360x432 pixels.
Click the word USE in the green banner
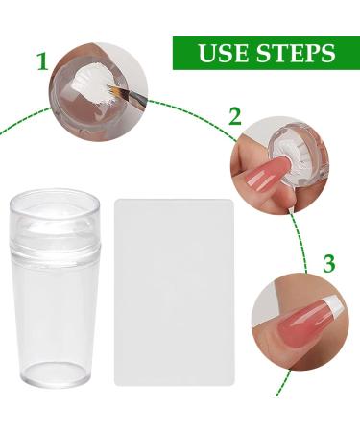224,53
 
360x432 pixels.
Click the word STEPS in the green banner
296,53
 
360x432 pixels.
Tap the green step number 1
42,62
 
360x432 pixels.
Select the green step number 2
235,116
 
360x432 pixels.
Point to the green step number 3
329,263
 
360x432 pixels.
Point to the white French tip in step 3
330,305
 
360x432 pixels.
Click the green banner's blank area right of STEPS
348,53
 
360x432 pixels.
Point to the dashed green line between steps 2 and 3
300,243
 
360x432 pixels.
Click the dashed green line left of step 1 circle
24,119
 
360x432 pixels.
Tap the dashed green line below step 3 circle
283,383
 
